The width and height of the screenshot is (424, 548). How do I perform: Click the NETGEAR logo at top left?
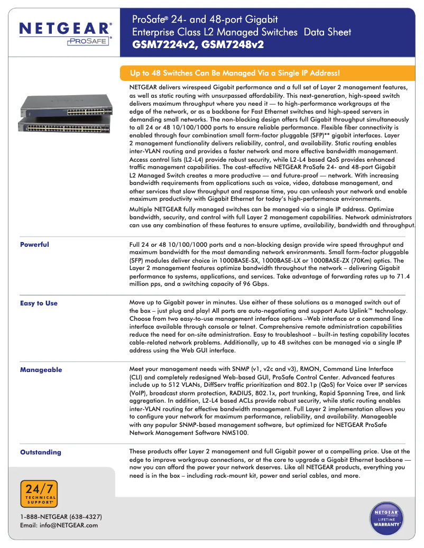pyautogui.click(x=66, y=28)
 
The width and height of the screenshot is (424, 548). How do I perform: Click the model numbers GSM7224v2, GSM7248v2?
pyautogui.click(x=198, y=45)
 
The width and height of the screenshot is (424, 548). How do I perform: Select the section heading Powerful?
pyautogui.click(x=34, y=245)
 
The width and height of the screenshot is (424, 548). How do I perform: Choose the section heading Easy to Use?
pyautogui.click(x=39, y=303)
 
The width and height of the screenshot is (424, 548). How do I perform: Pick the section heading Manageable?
pyautogui.click(x=41, y=370)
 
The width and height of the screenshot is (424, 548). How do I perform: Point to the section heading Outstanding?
pyautogui.click(x=40, y=452)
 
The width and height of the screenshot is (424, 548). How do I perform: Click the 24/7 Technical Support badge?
pyautogui.click(x=39, y=494)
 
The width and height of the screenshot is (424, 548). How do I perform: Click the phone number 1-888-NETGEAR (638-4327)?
pyautogui.click(x=61, y=516)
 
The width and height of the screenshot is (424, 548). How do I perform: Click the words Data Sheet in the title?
pyautogui.click(x=327, y=33)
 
